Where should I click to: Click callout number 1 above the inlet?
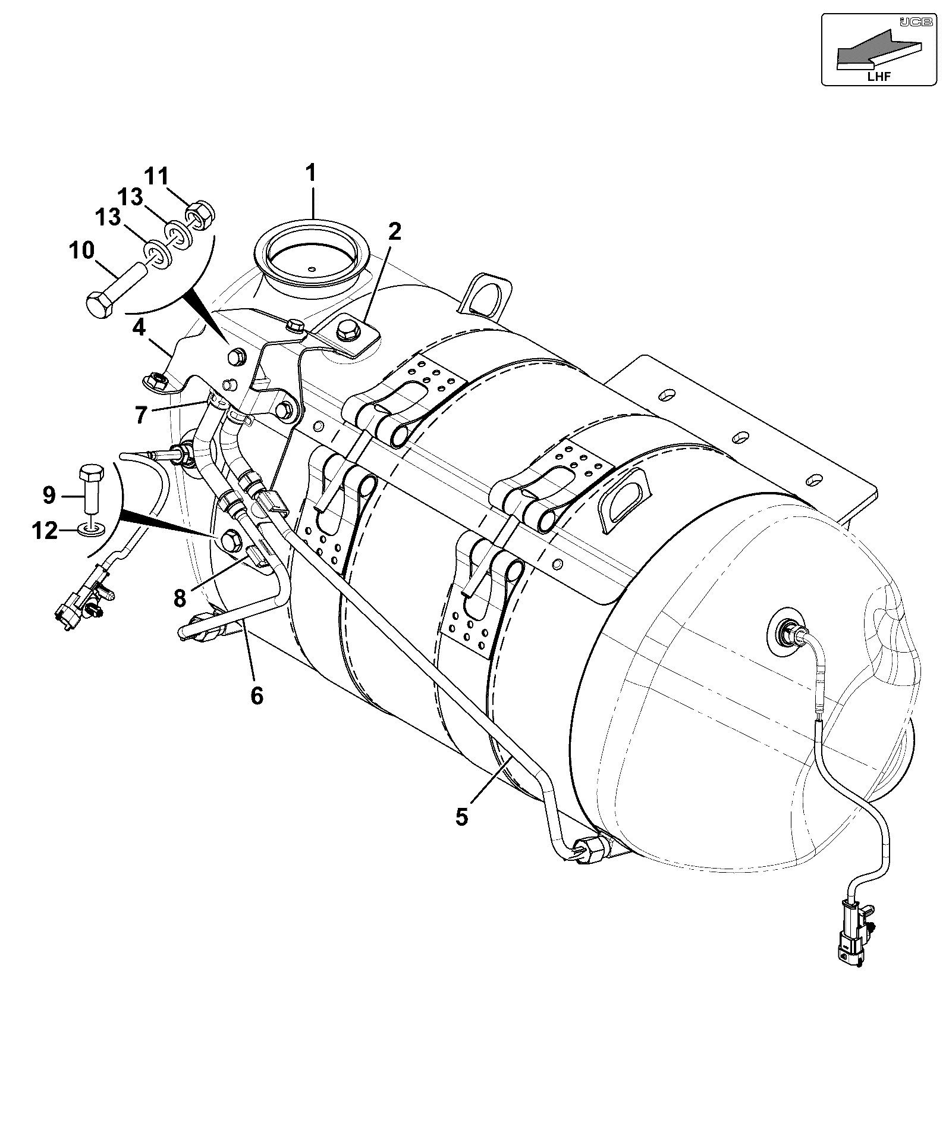pos(311,174)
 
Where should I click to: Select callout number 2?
pos(395,231)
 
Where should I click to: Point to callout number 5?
pos(462,816)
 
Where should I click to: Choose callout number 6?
pos(256,695)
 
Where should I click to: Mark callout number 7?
pos(140,415)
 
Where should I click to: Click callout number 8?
pos(180,598)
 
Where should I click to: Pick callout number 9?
pos(49,494)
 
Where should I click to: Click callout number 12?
pos(45,529)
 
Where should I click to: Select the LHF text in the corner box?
pos(879,75)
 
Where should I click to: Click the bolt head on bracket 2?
pos(345,331)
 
